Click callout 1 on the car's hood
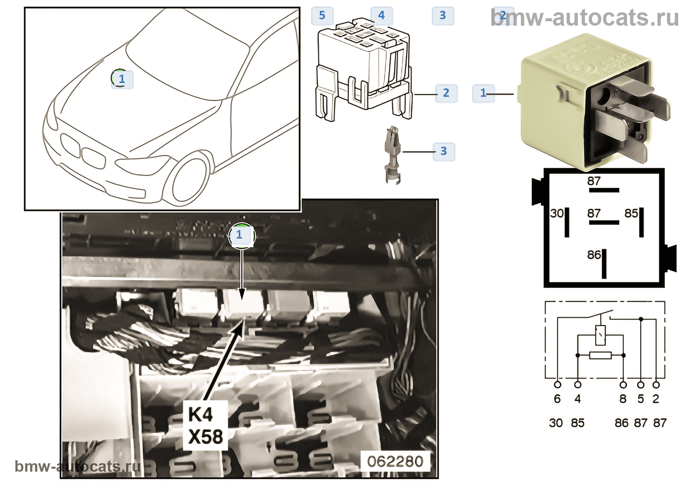(122, 79)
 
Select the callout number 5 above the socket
(322, 15)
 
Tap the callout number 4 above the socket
(381, 15)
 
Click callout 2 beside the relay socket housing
(446, 93)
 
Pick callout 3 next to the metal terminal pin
(443, 151)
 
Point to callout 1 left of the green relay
(483, 93)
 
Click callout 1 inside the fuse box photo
(240, 235)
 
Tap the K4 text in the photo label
(201, 414)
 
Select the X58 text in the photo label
(205, 437)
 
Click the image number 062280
(395, 461)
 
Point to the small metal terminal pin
(392, 154)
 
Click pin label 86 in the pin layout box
(594, 255)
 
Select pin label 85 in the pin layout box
(631, 213)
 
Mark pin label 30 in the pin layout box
(557, 213)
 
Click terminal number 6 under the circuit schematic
(557, 399)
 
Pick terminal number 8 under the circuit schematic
(623, 399)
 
